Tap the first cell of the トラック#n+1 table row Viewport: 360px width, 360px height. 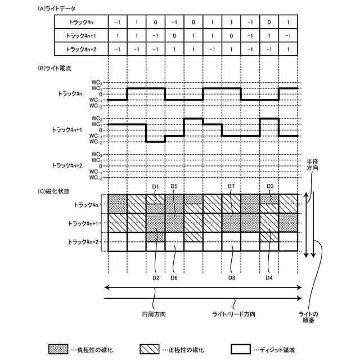[x=117, y=36]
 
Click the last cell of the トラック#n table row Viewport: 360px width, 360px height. [x=287, y=22]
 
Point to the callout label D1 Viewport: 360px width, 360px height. [x=156, y=186]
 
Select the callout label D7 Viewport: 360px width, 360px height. [x=231, y=186]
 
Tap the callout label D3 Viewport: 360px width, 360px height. [x=269, y=186]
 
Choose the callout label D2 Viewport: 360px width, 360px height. [x=156, y=278]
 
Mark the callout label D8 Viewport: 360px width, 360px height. [x=231, y=278]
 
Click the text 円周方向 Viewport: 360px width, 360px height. [x=153, y=313]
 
